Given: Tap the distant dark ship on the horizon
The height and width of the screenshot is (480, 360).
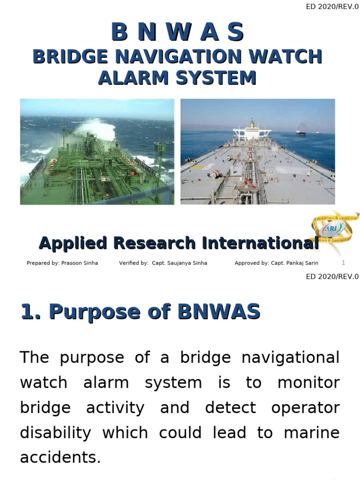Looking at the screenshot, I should point(300,133).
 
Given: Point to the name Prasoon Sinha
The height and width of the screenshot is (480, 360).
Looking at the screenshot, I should point(80,263).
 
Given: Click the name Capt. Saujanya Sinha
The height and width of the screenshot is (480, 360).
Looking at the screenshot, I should point(180,263).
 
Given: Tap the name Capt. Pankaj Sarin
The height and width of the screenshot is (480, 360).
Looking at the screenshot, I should point(294,263).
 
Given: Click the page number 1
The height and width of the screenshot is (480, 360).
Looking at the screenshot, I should point(344,262).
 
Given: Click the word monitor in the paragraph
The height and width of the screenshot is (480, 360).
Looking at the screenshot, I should point(308,382).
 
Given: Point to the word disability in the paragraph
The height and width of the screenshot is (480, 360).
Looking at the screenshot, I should point(55,432).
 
